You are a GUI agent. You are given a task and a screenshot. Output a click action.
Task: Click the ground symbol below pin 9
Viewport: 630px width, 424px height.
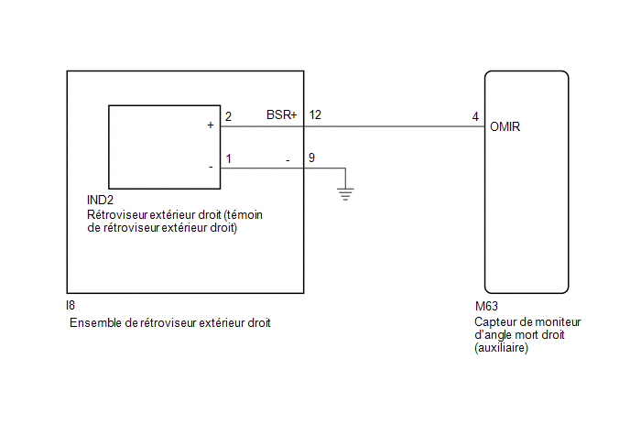pos(345,194)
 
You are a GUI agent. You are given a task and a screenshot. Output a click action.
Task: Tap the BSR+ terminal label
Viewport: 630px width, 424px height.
pos(282,115)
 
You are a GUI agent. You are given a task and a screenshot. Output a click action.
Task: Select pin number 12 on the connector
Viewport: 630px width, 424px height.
pos(315,115)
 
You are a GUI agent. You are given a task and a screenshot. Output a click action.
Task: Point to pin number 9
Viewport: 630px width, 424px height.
pos(311,158)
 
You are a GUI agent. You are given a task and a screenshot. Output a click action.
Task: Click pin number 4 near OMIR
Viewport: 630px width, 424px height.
pos(475,117)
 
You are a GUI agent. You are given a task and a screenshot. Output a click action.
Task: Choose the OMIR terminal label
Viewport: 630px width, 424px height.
pos(505,127)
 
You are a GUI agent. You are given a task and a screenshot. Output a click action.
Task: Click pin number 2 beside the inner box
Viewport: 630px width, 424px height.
pos(228,116)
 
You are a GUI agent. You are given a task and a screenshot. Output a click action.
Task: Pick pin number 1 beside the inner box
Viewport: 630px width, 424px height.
pos(229,158)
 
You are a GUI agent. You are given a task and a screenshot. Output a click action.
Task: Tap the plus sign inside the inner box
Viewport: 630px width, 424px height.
pos(210,125)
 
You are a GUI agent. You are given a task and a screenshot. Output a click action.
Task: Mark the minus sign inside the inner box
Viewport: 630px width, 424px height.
pos(211,168)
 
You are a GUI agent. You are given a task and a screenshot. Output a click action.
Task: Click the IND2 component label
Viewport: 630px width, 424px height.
pos(100,200)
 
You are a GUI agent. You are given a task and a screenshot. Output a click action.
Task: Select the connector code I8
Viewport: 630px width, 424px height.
pos(71,306)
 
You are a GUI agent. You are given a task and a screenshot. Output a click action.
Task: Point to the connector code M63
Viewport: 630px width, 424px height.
pos(486,306)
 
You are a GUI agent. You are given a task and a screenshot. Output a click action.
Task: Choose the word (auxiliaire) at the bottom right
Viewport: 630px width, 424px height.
pos(502,348)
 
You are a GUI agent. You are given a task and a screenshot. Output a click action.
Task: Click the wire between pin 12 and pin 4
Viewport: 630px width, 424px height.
pos(394,126)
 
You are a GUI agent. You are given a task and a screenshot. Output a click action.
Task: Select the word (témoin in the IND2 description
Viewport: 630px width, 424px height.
pos(243,214)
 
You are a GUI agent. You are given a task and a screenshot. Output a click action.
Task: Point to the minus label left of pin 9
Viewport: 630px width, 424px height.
pos(288,161)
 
